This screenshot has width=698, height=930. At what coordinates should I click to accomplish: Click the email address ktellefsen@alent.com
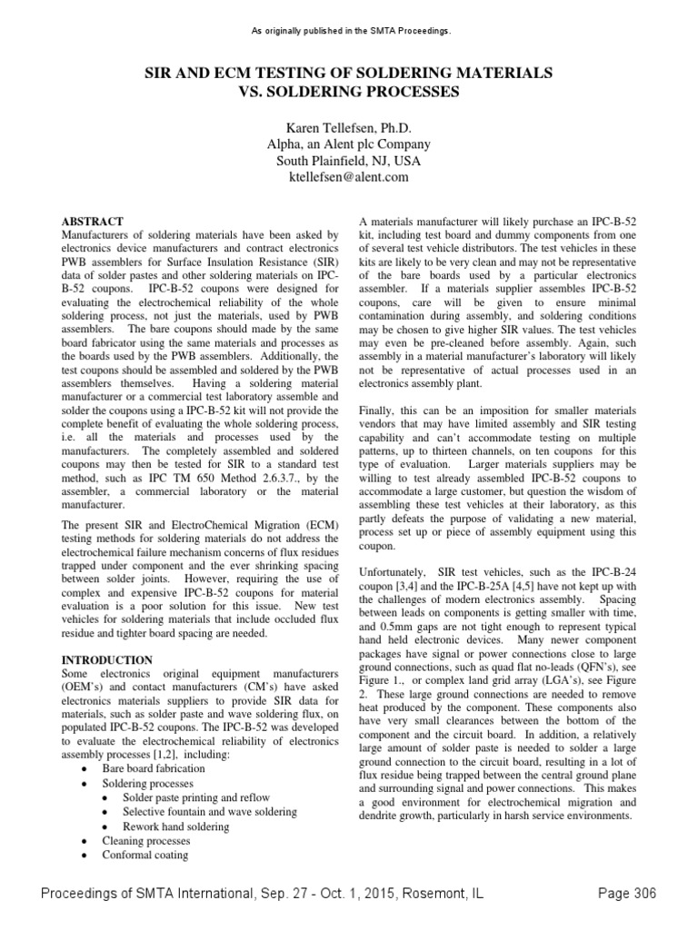point(349,177)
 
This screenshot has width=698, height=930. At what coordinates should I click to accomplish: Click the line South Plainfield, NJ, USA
point(349,161)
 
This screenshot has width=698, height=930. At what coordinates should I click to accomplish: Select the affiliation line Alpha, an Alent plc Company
point(349,144)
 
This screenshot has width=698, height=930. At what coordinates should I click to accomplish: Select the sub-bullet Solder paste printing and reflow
point(197,796)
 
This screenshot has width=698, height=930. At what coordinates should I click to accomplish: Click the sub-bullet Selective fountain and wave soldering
point(210,811)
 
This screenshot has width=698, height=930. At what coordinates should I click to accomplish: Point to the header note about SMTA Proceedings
point(349,32)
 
